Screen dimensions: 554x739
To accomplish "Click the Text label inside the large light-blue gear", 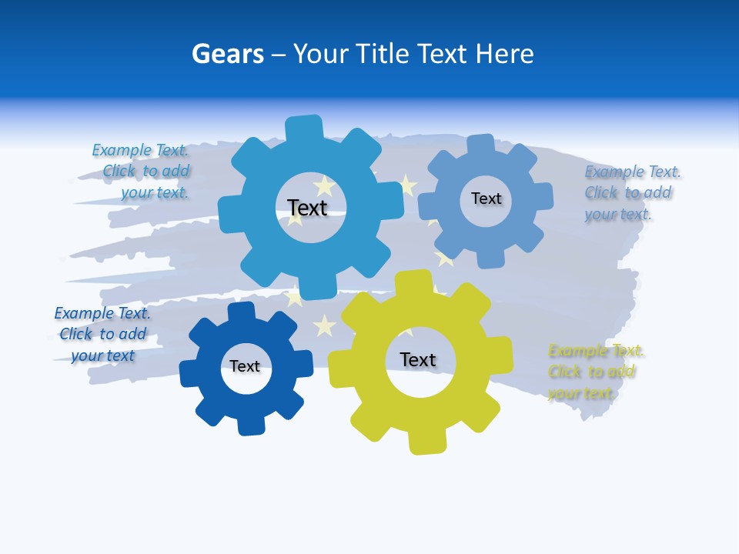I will click(307, 208).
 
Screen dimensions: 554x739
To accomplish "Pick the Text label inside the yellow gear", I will click(418, 359).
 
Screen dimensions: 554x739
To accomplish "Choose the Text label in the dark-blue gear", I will click(245, 366).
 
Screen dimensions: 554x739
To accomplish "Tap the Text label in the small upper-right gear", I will click(486, 199).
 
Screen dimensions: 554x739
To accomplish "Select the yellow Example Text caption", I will click(596, 372).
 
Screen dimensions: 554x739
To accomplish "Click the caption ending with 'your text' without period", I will click(102, 335).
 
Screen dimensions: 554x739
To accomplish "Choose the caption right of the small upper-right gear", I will click(632, 193).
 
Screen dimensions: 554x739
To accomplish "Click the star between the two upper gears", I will click(407, 185).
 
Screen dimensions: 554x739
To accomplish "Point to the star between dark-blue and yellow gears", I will click(325, 325).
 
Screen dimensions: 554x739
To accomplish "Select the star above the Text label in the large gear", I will click(324, 185).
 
